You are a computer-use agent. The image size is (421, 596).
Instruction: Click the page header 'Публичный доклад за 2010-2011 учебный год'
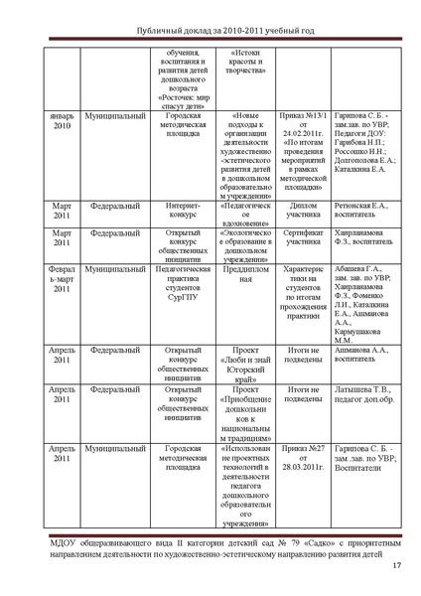tap(210, 31)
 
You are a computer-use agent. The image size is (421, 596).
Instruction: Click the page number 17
tap(396, 568)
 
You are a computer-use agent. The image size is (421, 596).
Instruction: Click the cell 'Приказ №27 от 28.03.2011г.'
tap(298, 458)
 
